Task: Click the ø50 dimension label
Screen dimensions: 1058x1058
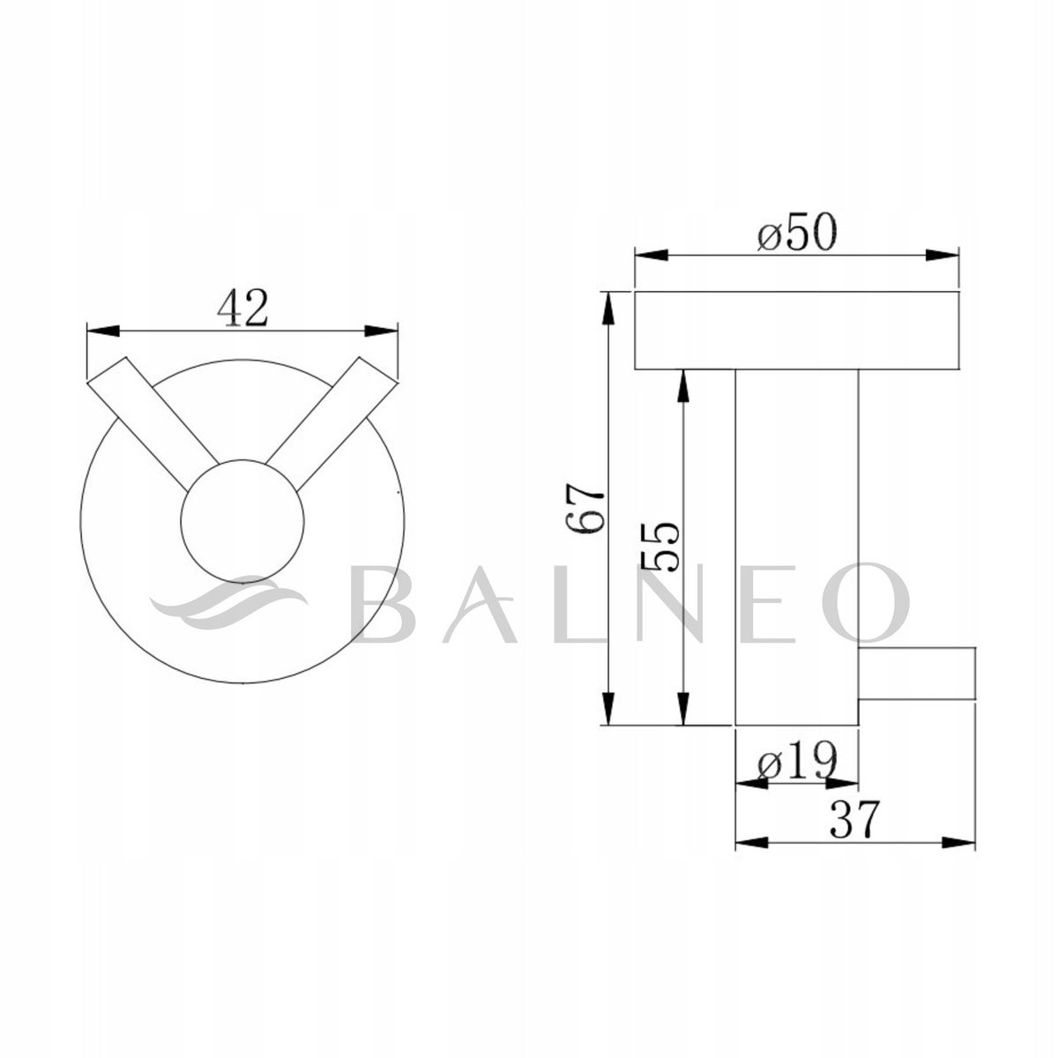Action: [796, 235]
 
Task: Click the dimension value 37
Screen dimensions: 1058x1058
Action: [854, 822]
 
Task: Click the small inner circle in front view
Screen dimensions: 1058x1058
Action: [242, 520]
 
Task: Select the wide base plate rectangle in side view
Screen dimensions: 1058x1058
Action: [796, 330]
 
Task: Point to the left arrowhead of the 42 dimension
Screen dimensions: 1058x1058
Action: [101, 331]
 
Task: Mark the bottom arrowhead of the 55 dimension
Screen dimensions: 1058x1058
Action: [682, 710]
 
